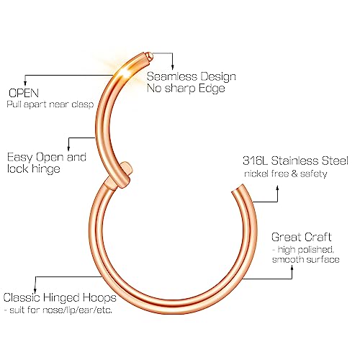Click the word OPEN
(x=24, y=93)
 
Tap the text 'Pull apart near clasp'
(x=50, y=104)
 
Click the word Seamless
(x=171, y=76)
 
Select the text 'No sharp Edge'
(x=186, y=89)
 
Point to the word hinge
(x=46, y=169)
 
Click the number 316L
(x=255, y=161)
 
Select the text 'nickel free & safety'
(x=286, y=174)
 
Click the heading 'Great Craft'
(x=302, y=237)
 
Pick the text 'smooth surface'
(x=305, y=259)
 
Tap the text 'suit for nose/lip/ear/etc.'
(x=60, y=310)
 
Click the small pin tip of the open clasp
(x=150, y=55)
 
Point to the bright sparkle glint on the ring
(x=124, y=71)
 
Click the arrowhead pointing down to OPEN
(x=25, y=84)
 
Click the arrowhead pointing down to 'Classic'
(x=35, y=291)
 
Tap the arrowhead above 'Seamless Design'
(x=172, y=68)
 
